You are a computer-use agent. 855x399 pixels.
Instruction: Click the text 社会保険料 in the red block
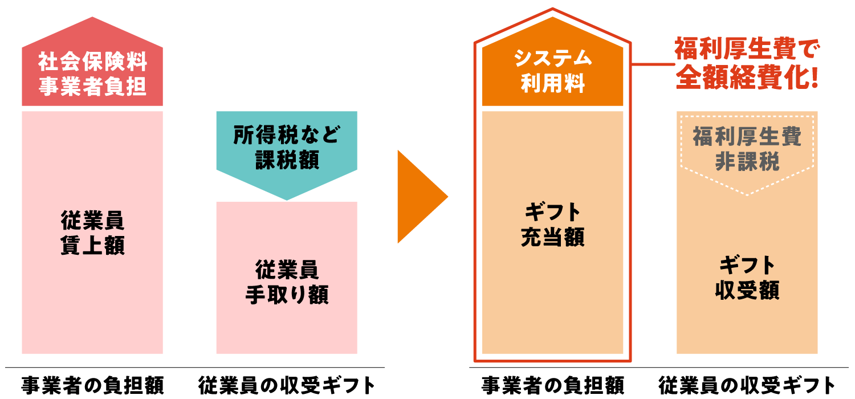click(92, 60)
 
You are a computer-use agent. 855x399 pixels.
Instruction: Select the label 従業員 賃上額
click(92, 233)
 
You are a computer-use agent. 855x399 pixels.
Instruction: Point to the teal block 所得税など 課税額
click(286, 148)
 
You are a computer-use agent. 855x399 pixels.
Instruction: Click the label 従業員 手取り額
click(286, 282)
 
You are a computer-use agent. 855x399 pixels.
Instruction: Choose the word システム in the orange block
click(552, 58)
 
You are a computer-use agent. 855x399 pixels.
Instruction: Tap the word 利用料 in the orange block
click(552, 84)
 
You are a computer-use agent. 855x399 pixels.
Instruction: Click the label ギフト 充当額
click(552, 225)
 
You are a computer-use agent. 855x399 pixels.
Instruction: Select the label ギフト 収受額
click(747, 278)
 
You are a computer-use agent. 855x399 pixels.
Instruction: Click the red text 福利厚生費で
click(747, 50)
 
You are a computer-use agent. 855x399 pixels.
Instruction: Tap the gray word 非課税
click(747, 162)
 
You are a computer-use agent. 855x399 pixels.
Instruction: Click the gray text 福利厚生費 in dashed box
click(747, 137)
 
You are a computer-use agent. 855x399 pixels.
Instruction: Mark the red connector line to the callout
click(653, 64)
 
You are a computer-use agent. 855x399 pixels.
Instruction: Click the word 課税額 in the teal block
click(286, 160)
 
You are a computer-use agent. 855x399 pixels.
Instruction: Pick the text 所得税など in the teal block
click(286, 135)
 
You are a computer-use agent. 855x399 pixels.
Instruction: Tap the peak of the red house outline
click(552, 9)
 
